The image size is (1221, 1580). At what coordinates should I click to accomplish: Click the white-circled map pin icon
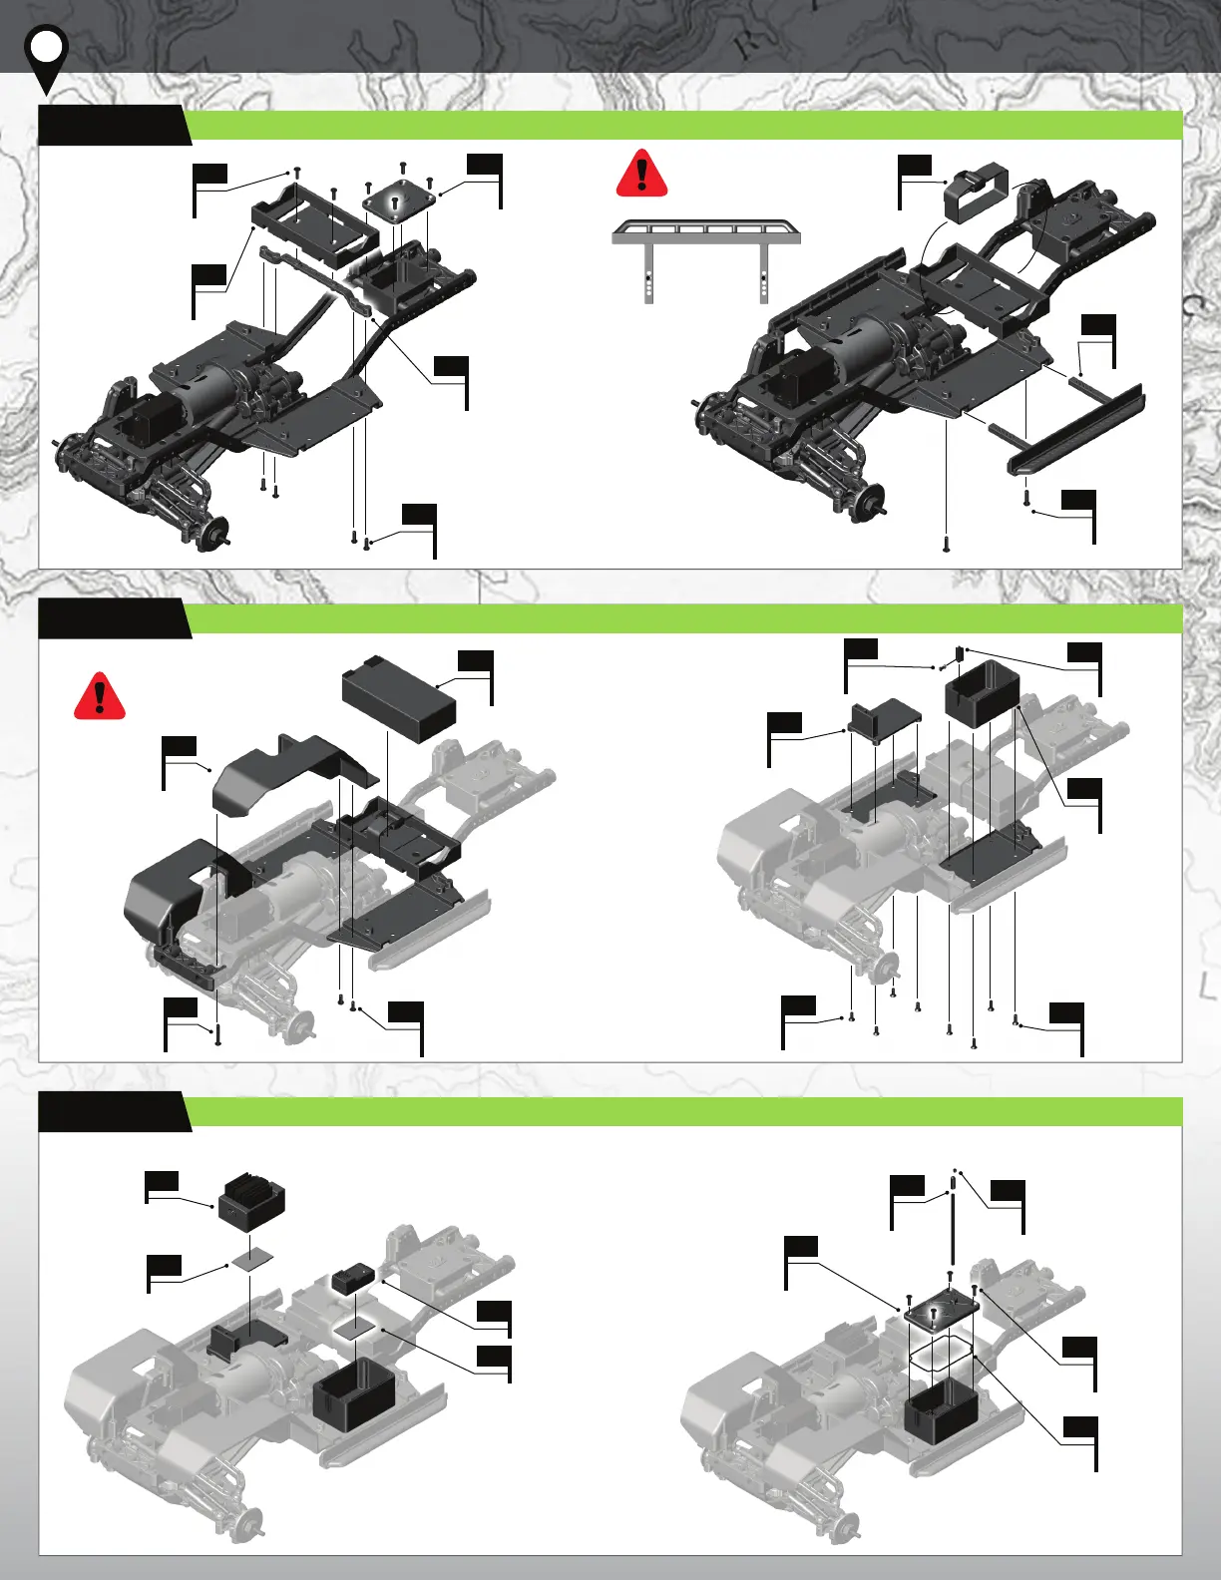pyautogui.click(x=46, y=50)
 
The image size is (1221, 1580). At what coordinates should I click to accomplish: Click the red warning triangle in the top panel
pyautogui.click(x=641, y=175)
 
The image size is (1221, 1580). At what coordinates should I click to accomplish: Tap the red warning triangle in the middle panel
pyautogui.click(x=100, y=696)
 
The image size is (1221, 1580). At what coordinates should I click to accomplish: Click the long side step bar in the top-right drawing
pyautogui.click(x=1077, y=429)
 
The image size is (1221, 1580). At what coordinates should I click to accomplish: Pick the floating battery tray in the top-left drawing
pyautogui.click(x=314, y=221)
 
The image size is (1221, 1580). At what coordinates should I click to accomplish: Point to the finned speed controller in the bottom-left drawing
pyautogui.click(x=251, y=1197)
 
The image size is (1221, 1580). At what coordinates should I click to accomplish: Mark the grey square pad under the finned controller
pyautogui.click(x=250, y=1259)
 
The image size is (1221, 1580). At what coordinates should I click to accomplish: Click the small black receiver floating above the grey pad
pyautogui.click(x=352, y=1279)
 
